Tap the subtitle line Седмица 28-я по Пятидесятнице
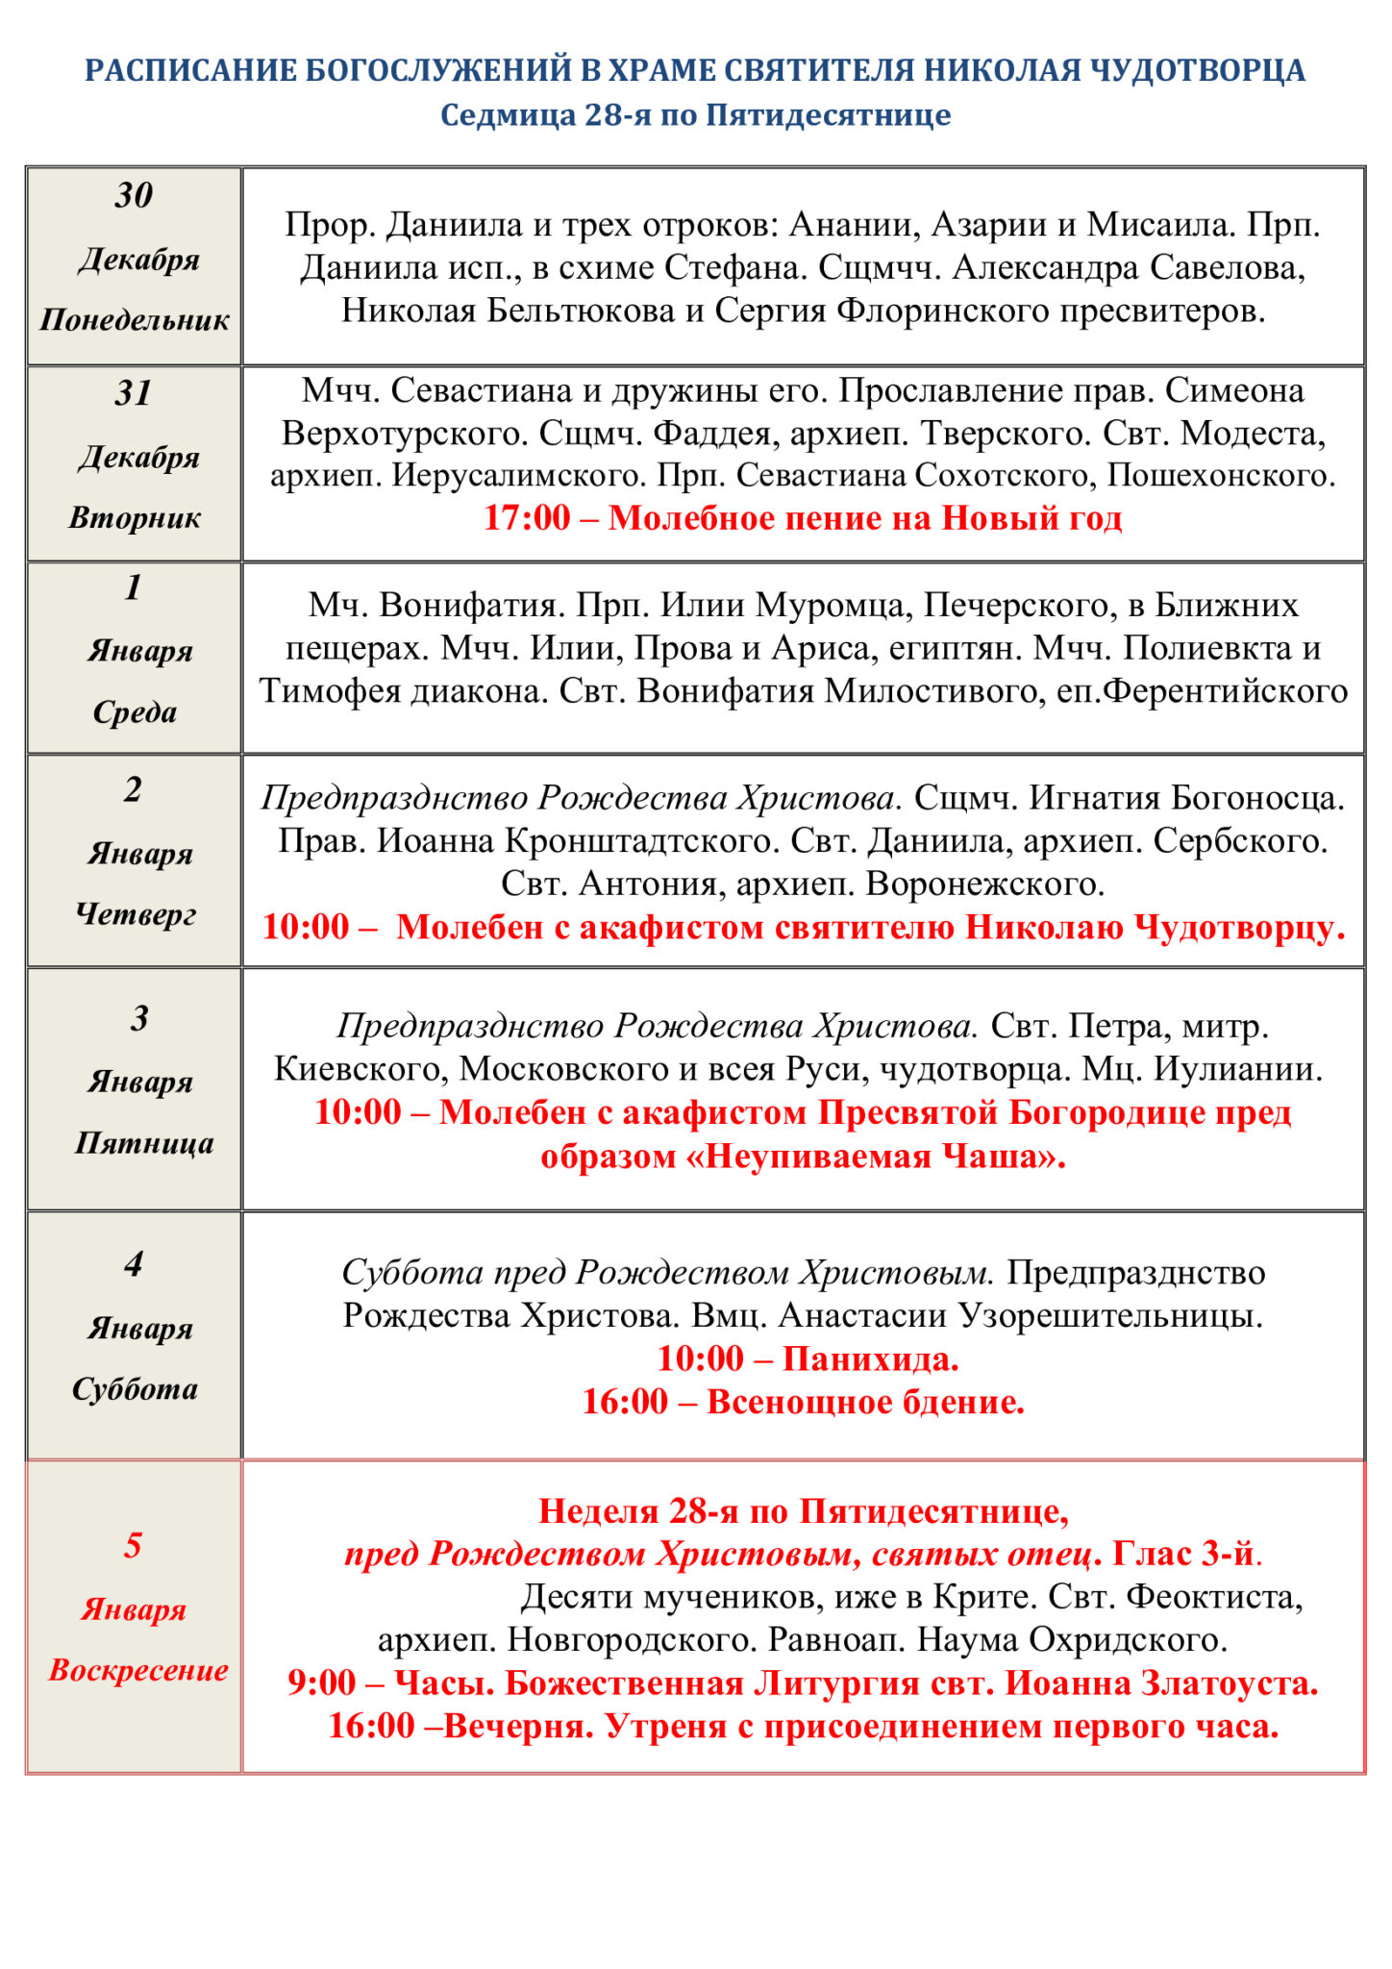click(x=695, y=115)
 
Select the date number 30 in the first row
click(x=134, y=195)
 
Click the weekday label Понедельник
click(x=135, y=320)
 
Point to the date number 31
click(x=134, y=393)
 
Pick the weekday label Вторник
click(x=135, y=518)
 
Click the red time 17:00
click(x=527, y=518)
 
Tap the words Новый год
click(x=1032, y=518)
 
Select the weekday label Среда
click(x=135, y=712)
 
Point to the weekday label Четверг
click(x=136, y=914)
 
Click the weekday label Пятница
click(x=144, y=1143)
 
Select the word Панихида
click(x=871, y=1358)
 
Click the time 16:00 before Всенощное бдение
click(x=625, y=1402)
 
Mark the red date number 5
click(x=133, y=1545)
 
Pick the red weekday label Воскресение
click(x=138, y=1670)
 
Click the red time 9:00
click(x=322, y=1682)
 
